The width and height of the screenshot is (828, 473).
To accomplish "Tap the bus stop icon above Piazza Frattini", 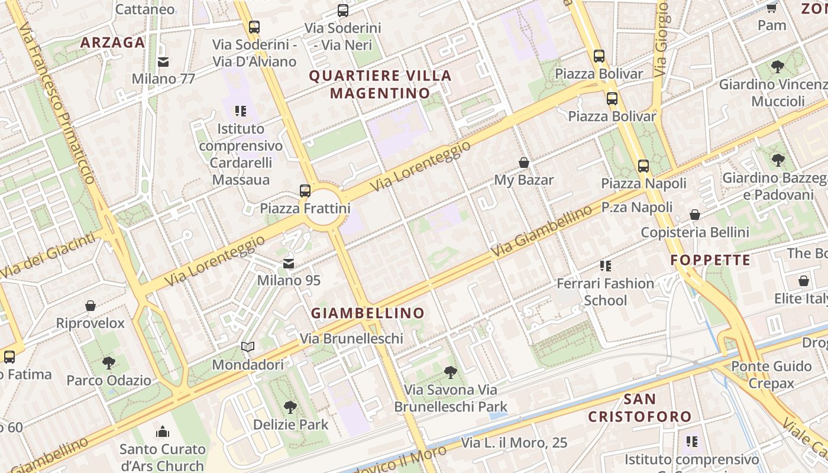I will (305, 190).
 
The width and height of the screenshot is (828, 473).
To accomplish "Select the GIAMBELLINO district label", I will (368, 313).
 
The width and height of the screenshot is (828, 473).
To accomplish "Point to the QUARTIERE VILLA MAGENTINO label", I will (380, 85).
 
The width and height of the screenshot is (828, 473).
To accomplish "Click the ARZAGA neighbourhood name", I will (112, 43).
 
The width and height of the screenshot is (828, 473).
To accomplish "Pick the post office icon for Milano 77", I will (163, 61).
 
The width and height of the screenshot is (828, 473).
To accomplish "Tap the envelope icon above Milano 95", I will (289, 264).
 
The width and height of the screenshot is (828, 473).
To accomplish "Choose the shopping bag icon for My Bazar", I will (523, 163).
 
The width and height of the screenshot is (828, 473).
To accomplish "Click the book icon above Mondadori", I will (248, 347).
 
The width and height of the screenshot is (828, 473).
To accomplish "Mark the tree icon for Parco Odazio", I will (108, 362).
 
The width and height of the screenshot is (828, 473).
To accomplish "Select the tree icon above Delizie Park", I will (290, 407).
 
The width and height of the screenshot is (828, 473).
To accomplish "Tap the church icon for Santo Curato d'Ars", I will (163, 432).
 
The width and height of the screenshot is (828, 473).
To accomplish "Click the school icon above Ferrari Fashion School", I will (605, 266).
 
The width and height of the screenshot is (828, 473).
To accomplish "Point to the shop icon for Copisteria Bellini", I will (695, 215).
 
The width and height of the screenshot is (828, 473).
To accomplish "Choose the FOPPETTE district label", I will (710, 260).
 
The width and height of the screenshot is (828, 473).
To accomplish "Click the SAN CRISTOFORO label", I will (639, 408).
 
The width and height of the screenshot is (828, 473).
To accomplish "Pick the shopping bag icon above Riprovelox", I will (90, 306).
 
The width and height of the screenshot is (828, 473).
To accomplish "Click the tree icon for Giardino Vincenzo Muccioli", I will (777, 67).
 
